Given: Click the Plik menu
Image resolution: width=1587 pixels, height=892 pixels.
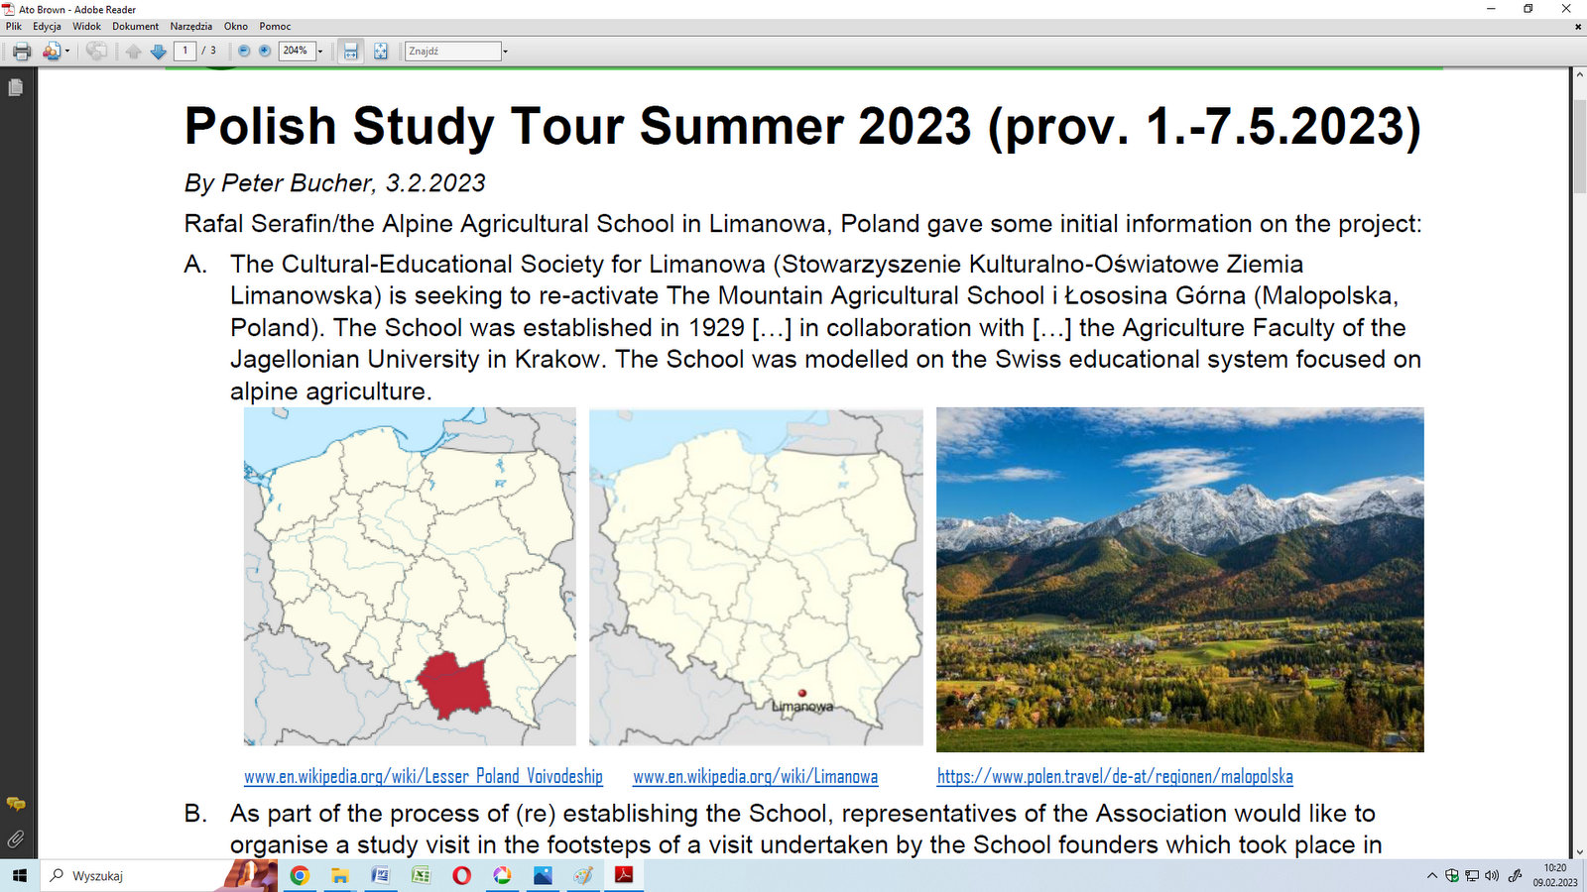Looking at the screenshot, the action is click(14, 26).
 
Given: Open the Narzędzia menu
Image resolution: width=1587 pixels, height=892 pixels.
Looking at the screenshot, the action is click(190, 26).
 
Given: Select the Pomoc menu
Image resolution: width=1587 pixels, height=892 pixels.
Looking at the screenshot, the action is click(275, 26).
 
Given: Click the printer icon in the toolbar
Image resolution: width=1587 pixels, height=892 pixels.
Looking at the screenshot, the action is click(22, 51).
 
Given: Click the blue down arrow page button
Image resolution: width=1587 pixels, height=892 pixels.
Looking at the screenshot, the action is click(158, 51).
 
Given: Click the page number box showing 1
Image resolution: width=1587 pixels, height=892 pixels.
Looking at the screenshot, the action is click(184, 51).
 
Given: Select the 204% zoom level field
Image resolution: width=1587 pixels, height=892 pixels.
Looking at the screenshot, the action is click(297, 51).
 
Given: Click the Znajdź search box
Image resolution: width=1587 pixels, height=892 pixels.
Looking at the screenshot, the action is click(452, 51).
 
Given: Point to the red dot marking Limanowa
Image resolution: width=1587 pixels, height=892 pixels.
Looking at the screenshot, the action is click(802, 693).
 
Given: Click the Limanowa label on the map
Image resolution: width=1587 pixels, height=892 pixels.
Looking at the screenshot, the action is click(802, 707).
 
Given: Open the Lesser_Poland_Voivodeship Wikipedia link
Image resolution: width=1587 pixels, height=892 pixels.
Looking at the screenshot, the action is click(423, 777).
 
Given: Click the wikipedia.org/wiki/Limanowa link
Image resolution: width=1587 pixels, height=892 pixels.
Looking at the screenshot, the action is click(755, 777).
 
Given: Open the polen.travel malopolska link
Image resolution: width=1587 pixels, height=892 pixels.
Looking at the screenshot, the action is click(1115, 777).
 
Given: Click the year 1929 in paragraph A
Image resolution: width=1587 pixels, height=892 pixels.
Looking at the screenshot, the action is click(716, 328).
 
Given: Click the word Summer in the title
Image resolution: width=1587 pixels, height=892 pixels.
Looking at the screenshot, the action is click(741, 126).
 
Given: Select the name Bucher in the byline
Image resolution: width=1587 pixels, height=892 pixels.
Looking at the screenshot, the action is click(330, 182).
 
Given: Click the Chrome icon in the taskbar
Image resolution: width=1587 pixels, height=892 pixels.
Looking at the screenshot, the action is click(300, 876).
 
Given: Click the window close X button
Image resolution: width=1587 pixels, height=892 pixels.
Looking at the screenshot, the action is click(1566, 9).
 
